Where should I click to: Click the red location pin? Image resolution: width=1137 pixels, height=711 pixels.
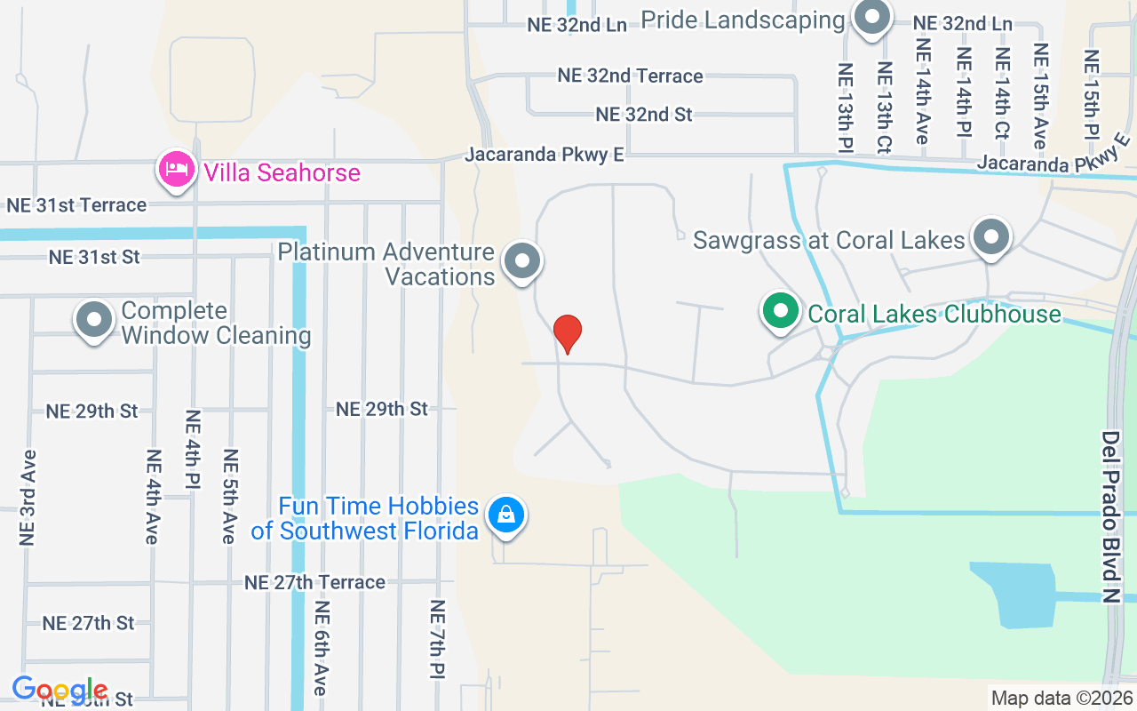(567, 334)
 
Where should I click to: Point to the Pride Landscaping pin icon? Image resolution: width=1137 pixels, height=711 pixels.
(871, 18)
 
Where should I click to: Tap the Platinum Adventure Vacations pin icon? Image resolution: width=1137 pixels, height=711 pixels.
(522, 261)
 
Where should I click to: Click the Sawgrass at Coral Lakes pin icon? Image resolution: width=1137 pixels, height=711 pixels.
(990, 237)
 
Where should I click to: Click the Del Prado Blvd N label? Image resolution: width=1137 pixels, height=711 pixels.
(1111, 517)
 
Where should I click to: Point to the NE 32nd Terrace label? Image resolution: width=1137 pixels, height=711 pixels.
(630, 76)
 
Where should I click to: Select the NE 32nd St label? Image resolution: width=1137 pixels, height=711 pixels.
(644, 115)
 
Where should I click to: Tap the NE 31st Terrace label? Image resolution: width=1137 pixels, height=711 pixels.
(76, 205)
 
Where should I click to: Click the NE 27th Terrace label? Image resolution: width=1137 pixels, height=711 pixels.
(314, 582)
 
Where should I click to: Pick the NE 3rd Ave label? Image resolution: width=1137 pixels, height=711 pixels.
(28, 497)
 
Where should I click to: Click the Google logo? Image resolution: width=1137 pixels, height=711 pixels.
(60, 689)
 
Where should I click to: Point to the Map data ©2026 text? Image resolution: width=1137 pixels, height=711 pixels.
(1061, 698)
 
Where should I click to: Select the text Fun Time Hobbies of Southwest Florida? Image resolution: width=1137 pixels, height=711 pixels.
(378, 519)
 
